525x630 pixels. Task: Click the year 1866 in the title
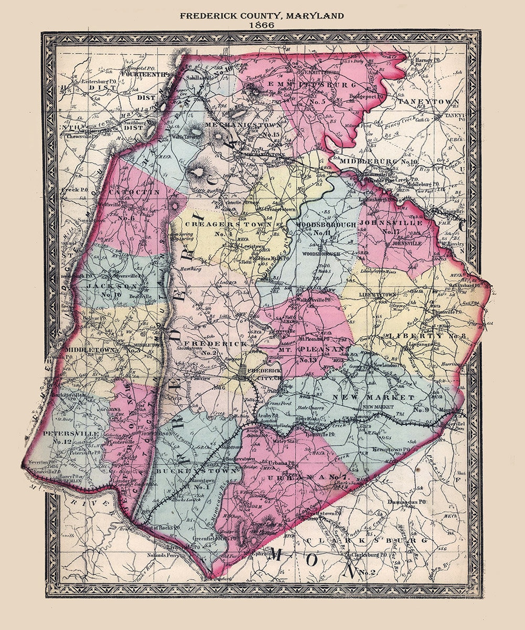point(262,25)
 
